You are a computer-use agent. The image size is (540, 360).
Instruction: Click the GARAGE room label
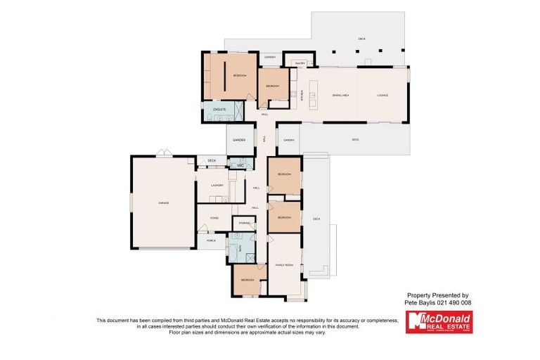click(163, 202)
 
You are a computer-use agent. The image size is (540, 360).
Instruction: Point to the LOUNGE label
click(382, 95)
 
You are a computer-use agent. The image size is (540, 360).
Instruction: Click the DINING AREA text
click(341, 95)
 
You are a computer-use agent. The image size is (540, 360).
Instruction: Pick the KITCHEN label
click(302, 95)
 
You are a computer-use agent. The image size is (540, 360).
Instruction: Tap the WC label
click(240, 165)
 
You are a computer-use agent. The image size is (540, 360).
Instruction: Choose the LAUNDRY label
click(217, 186)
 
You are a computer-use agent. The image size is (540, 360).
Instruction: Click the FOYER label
click(214, 218)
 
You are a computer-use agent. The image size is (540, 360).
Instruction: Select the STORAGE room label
click(244, 223)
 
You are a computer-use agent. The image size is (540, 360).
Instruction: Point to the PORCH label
click(211, 240)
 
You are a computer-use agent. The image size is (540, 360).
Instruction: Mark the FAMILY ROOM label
click(284, 264)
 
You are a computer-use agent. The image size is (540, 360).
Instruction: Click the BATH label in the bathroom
click(241, 248)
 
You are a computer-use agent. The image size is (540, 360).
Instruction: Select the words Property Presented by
click(438, 295)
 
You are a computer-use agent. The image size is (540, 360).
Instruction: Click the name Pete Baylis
click(420, 302)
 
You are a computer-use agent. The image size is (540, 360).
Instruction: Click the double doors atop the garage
click(163, 153)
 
